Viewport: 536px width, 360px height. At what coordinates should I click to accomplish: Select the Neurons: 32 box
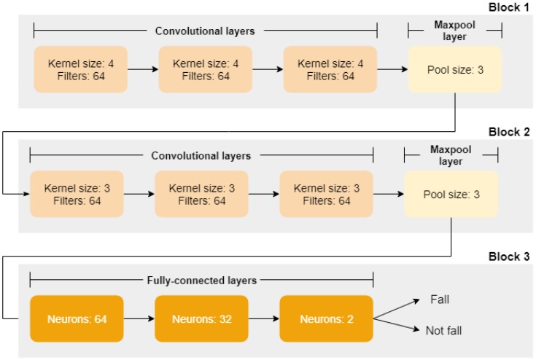click(201, 319)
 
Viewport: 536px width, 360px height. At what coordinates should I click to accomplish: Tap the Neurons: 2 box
click(326, 319)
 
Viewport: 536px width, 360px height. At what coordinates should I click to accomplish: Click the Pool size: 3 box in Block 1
click(455, 69)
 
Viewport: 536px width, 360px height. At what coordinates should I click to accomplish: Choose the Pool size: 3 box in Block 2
click(451, 195)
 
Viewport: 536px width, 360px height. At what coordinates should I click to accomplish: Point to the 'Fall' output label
click(439, 300)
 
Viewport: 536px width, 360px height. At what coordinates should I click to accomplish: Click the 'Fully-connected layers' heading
click(201, 280)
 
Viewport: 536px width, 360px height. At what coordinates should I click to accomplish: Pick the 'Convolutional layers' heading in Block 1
click(205, 31)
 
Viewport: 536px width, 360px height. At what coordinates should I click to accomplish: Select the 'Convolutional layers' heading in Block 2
click(201, 155)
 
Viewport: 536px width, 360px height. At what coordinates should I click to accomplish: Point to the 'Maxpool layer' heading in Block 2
click(451, 155)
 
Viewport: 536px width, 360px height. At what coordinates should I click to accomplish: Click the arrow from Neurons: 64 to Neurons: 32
click(138, 319)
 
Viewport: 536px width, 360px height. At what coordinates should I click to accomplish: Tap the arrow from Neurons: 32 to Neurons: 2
click(263, 319)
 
